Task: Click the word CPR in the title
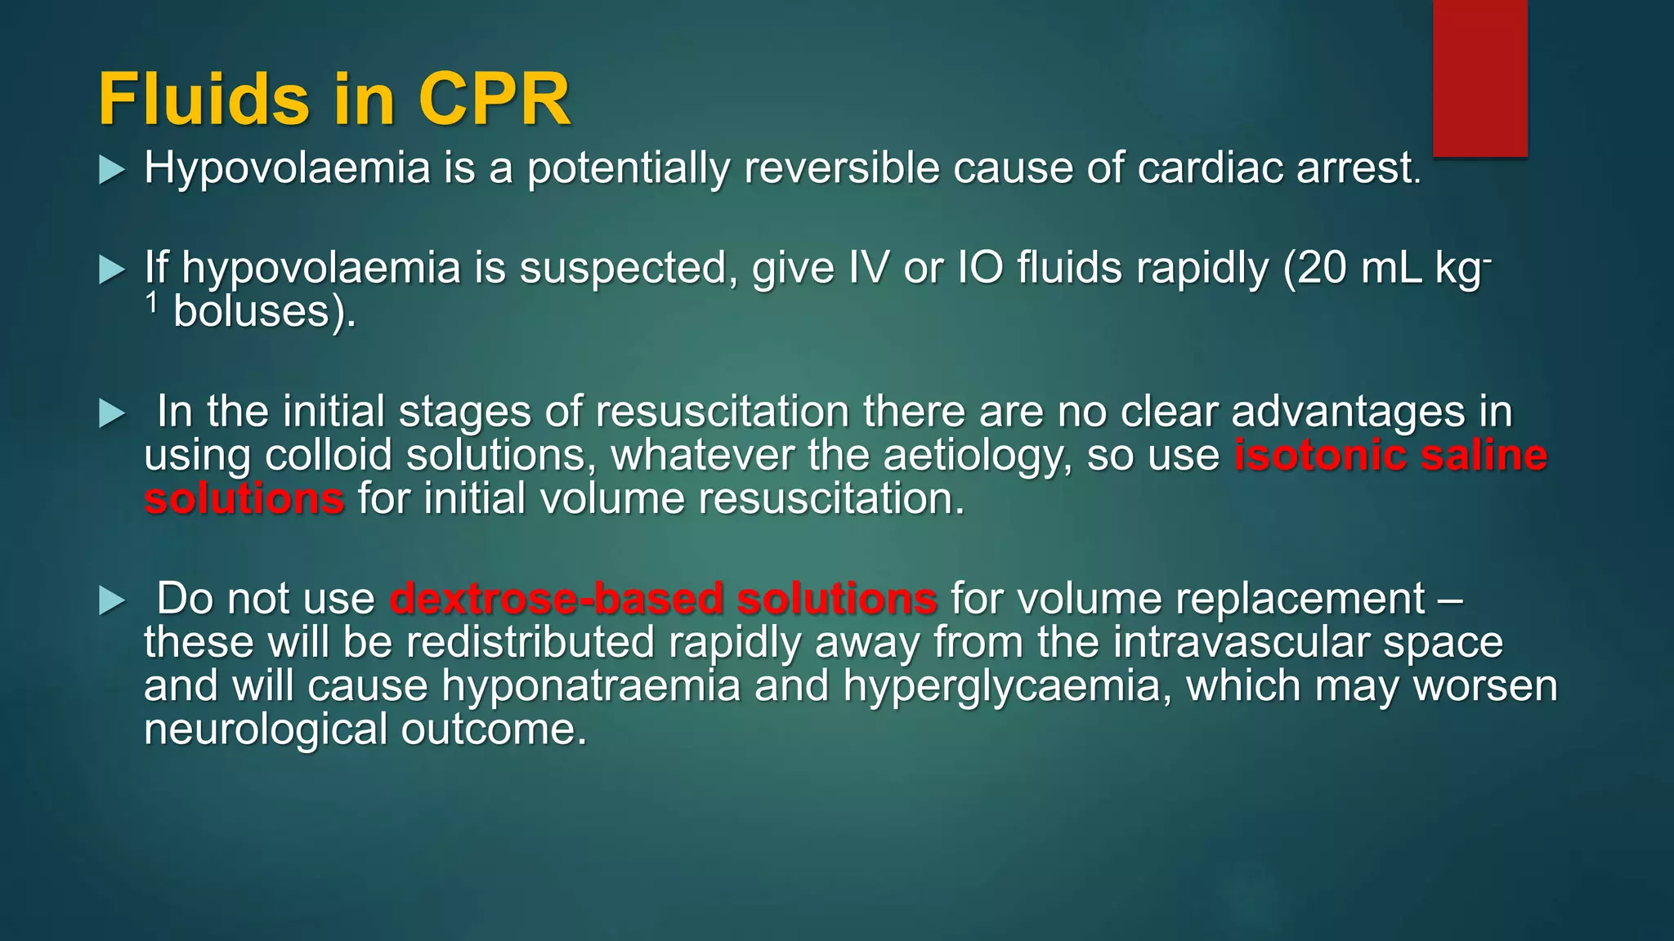(494, 100)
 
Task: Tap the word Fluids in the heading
(204, 100)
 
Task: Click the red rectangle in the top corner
(1479, 78)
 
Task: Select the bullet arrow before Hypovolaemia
(112, 170)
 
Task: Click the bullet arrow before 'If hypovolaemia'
(112, 270)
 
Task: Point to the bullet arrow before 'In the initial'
(112, 413)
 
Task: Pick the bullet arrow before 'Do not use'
(112, 600)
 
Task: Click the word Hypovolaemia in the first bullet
(287, 169)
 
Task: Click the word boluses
(251, 312)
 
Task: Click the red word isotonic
(1320, 455)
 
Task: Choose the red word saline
(1484, 455)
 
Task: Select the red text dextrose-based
(556, 599)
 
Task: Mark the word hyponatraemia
(591, 686)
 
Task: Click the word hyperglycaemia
(1001, 686)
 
